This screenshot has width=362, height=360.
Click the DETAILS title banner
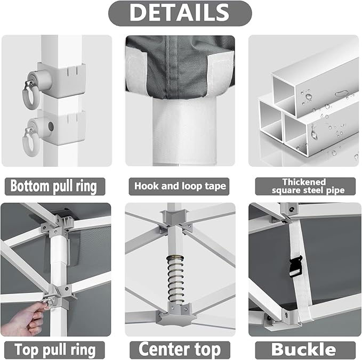click(x=180, y=13)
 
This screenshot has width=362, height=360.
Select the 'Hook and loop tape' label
click(x=180, y=186)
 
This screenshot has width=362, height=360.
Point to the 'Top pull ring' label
click(x=55, y=350)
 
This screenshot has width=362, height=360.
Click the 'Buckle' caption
click(x=304, y=349)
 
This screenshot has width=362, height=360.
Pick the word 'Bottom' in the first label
click(x=29, y=186)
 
